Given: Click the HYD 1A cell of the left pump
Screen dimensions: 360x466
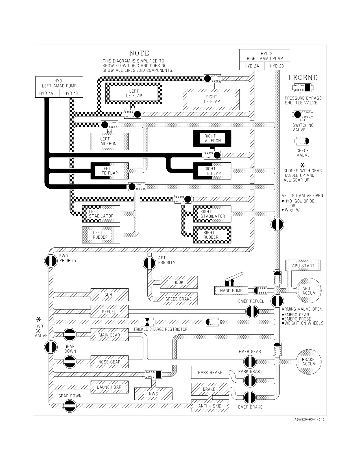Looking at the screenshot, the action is tap(47, 93).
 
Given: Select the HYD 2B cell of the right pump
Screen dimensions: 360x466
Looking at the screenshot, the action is tap(277, 66).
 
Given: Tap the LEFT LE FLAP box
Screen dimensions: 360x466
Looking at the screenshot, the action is tap(134, 93).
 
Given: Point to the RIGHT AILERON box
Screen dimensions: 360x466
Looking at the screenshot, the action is tap(212, 138).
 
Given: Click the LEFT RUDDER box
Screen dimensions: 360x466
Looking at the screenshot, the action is tap(101, 235).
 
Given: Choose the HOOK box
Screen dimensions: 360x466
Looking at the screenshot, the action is tap(179, 282).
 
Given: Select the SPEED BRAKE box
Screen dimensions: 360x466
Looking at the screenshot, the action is tap(179, 299).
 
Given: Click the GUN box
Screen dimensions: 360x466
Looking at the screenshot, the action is tap(110, 295).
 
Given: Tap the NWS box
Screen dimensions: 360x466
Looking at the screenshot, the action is tap(154, 394).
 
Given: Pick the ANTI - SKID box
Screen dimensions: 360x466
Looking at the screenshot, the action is tap(210, 406).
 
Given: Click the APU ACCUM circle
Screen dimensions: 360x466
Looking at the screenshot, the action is tap(309, 291).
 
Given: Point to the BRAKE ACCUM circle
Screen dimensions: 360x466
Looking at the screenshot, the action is tap(309, 362).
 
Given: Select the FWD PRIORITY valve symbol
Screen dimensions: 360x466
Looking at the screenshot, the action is tap(51, 261).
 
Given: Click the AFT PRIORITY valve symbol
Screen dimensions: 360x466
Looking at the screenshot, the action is tap(149, 263).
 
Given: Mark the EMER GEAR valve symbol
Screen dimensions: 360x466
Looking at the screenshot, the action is tap(250, 362).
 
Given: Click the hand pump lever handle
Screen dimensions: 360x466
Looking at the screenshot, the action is tap(234, 277).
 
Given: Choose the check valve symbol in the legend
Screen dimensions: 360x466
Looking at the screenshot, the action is tap(302, 141).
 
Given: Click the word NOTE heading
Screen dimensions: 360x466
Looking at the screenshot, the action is tap(139, 53).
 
